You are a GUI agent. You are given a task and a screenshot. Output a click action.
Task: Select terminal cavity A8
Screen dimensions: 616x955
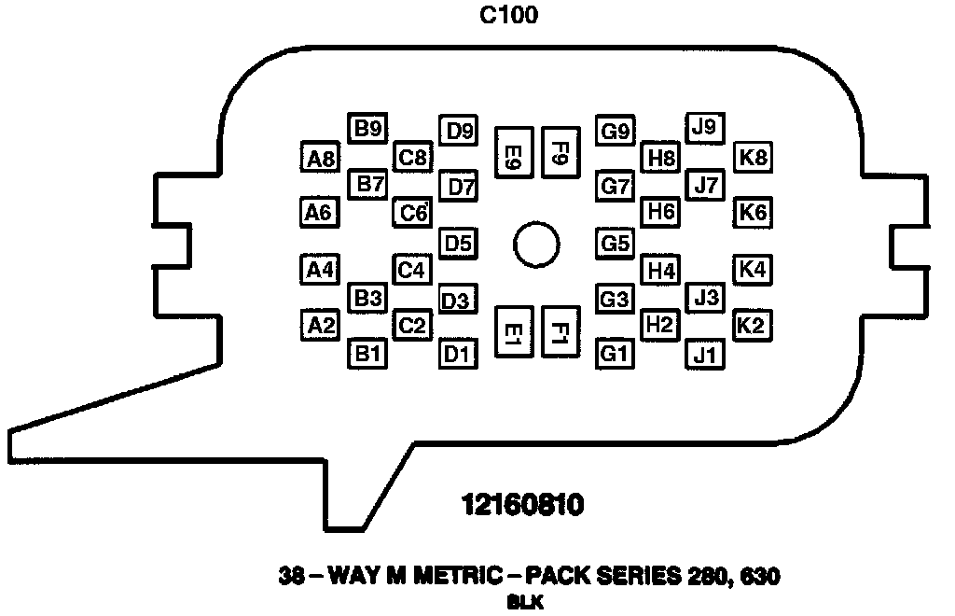[320, 159]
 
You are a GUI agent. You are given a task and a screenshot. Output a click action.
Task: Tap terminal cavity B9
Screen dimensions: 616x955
[367, 129]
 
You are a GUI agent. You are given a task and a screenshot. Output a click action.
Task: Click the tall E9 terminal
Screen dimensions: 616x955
[512, 154]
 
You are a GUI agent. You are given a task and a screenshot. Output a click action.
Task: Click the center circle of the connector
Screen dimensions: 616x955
[536, 245]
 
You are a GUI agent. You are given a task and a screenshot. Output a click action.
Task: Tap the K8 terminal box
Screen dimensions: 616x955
[753, 158]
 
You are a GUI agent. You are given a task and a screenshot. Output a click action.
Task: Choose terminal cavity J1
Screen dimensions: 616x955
[706, 354]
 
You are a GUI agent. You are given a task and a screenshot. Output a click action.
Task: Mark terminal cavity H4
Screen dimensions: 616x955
[661, 272]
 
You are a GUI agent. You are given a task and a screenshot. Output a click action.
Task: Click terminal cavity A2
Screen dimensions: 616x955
[320, 326]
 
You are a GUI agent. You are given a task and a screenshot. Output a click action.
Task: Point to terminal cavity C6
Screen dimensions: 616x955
[412, 214]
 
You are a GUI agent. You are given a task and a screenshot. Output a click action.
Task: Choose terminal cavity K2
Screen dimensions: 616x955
[752, 326]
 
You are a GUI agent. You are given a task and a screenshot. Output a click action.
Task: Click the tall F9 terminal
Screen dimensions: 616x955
[560, 153]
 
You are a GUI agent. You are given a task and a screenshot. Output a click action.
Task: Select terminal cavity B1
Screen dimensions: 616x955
[367, 354]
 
